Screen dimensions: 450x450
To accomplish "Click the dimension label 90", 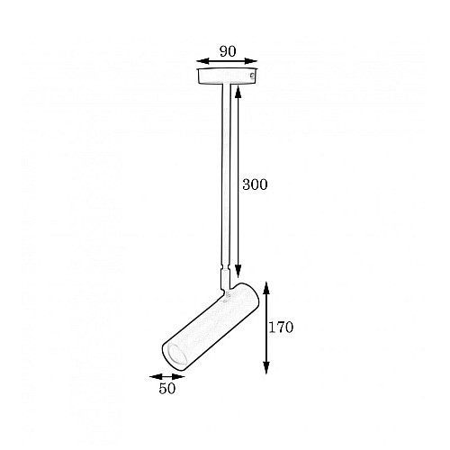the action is [x=228, y=51].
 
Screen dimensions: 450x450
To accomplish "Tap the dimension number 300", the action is [x=255, y=184].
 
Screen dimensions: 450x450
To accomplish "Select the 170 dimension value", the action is [x=281, y=328].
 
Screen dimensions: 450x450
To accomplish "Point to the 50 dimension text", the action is [x=167, y=389].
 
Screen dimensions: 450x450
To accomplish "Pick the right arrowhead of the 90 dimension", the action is [x=251, y=61].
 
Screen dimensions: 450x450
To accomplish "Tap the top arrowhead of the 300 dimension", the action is [x=238, y=92].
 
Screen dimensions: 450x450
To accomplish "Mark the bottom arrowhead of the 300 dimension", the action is [x=238, y=271].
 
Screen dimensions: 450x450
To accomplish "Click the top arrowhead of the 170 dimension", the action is [x=266, y=288].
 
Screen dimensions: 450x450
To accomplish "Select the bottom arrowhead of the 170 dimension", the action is [x=266, y=367].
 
